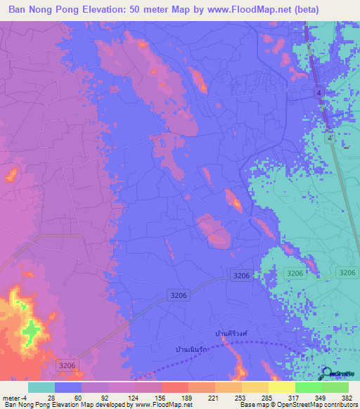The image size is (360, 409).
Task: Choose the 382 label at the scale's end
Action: (x=347, y=397)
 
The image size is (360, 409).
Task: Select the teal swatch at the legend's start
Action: (x=41, y=387)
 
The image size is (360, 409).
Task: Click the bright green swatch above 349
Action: (x=308, y=387)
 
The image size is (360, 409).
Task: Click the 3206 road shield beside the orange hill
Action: (x=67, y=365)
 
